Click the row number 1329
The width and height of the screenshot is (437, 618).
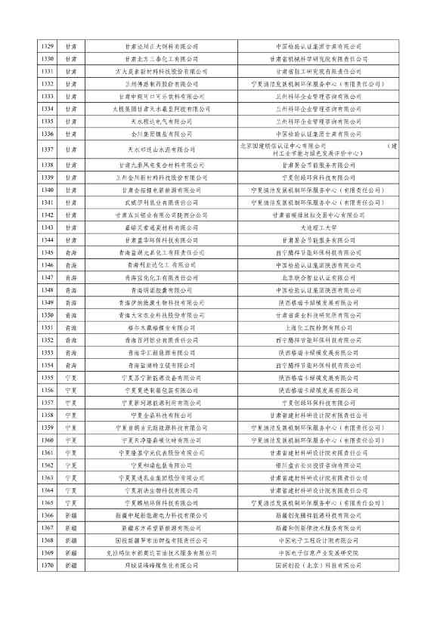pos(48,46)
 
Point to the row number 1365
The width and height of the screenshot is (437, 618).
pos(48,502)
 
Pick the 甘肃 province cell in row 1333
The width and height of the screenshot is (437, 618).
pos(70,96)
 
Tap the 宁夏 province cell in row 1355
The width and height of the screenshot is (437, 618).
pos(70,377)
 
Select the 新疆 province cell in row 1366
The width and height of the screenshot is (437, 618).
pos(70,514)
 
